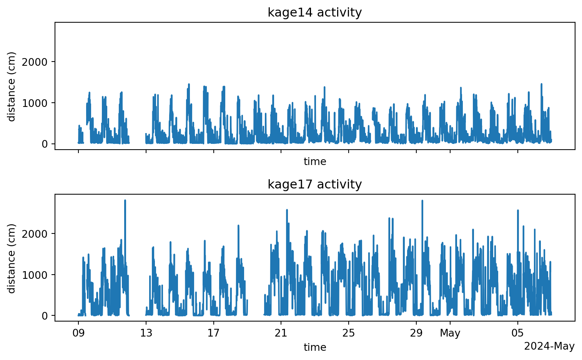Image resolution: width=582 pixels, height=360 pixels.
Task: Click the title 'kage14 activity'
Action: (x=314, y=13)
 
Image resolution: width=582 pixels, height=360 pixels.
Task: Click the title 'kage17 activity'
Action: (x=314, y=185)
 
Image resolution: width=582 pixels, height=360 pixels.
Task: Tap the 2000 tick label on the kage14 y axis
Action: (x=37, y=62)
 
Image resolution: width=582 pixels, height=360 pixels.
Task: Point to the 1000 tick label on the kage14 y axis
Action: (x=37, y=103)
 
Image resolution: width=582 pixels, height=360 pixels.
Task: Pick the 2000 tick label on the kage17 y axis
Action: (x=37, y=234)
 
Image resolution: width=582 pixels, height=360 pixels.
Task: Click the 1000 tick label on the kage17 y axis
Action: (x=37, y=275)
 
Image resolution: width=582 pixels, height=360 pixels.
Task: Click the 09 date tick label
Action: (x=78, y=333)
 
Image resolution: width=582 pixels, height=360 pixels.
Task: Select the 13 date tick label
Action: (x=146, y=333)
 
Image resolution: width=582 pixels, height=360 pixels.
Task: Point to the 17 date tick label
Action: (x=213, y=333)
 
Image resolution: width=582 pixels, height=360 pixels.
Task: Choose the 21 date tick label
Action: (x=281, y=333)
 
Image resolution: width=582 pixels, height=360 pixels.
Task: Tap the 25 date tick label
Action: (x=349, y=333)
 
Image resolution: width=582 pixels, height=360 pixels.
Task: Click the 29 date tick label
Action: (x=416, y=333)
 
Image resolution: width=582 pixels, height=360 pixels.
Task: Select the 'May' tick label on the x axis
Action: (x=450, y=333)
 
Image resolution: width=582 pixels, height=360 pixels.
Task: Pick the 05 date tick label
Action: (x=517, y=333)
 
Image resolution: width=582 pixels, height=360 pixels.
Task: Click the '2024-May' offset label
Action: (x=549, y=347)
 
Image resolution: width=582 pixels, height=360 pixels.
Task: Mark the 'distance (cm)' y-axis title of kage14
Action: (x=12, y=87)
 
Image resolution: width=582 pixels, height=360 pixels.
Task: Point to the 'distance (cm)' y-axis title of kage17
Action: (x=12, y=258)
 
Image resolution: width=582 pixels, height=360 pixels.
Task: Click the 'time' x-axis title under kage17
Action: (x=315, y=348)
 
